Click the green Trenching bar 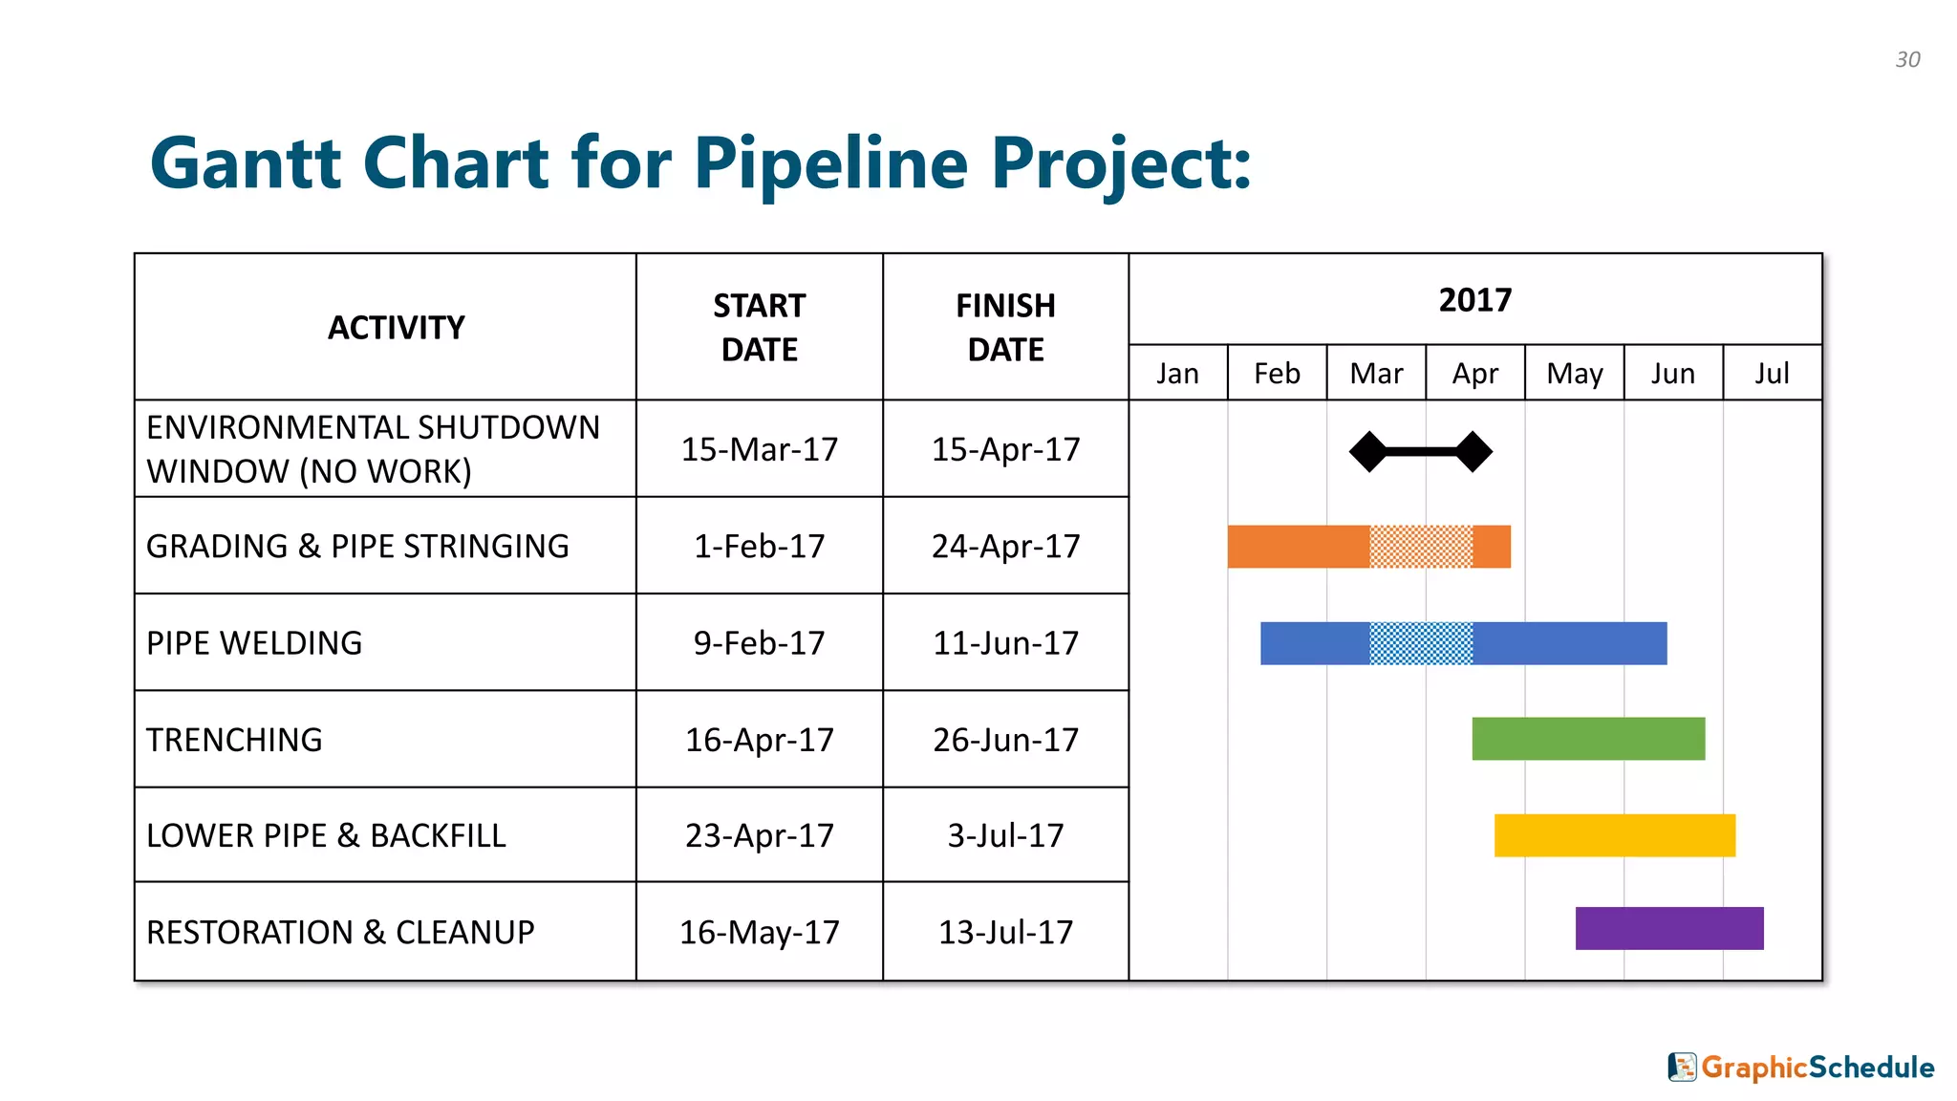pyautogui.click(x=1588, y=739)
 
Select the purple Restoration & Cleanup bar pyautogui.click(x=1668, y=928)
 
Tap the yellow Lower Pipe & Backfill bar pyautogui.click(x=1614, y=835)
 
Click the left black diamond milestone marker pyautogui.click(x=1368, y=451)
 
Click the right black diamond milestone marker pyautogui.click(x=1473, y=451)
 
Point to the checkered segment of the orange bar pyautogui.click(x=1421, y=547)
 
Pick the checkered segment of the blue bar pyautogui.click(x=1421, y=643)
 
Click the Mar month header pyautogui.click(x=1376, y=374)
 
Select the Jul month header pyautogui.click(x=1772, y=374)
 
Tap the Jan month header pyautogui.click(x=1177, y=374)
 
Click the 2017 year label pyautogui.click(x=1474, y=300)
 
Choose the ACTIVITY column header pyautogui.click(x=396, y=328)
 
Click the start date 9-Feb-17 pyautogui.click(x=759, y=643)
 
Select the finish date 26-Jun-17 pyautogui.click(x=1005, y=740)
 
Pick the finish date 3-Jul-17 pyautogui.click(x=1005, y=835)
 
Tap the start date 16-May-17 pyautogui.click(x=759, y=932)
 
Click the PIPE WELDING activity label pyautogui.click(x=254, y=643)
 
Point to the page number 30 pyautogui.click(x=1907, y=59)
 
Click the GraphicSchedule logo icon pyautogui.click(x=1682, y=1067)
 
